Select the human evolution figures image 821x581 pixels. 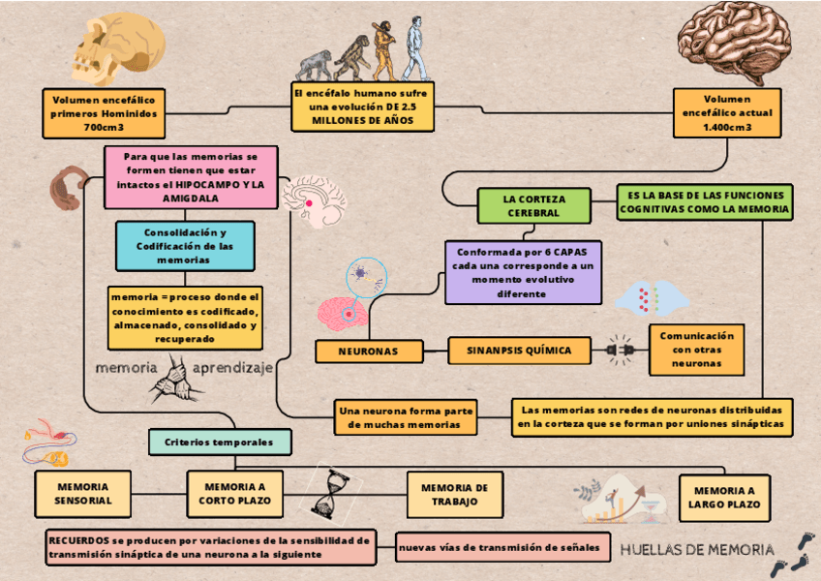click(x=364, y=50)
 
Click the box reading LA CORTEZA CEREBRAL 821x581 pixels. click(x=533, y=205)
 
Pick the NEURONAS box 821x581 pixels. click(x=371, y=352)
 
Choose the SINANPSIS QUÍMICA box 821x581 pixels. click(x=519, y=351)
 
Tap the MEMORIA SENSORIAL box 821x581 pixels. click(x=83, y=494)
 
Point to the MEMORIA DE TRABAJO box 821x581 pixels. click(x=455, y=494)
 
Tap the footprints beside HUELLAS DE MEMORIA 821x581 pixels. click(x=800, y=551)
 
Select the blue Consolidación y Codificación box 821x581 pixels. click(x=185, y=246)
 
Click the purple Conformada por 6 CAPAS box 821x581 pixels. click(x=523, y=271)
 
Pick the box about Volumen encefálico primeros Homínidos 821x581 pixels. click(x=104, y=113)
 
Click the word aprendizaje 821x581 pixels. click(x=233, y=368)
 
